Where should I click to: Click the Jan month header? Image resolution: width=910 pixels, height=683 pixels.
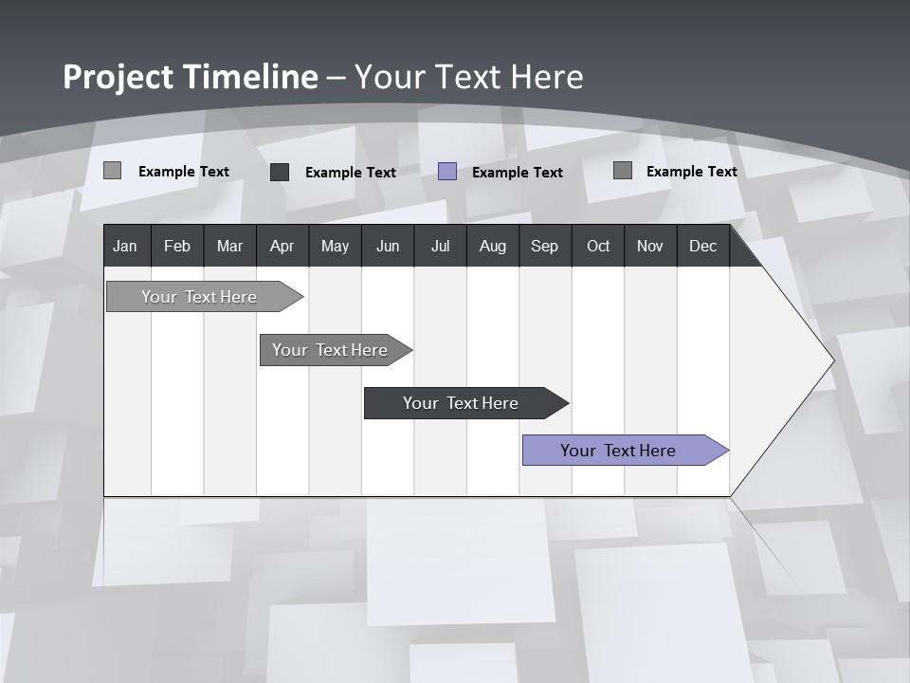coord(125,246)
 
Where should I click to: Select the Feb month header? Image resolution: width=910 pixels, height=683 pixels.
coord(177,246)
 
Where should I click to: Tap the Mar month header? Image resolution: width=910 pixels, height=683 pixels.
coord(229,246)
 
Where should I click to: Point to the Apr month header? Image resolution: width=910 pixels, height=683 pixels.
coord(282,246)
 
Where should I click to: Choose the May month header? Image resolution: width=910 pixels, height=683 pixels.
coord(335,246)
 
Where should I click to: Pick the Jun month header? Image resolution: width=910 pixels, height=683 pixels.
coord(388,246)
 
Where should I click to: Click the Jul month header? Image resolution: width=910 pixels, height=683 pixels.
coord(440,246)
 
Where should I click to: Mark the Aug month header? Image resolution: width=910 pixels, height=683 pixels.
coord(493,246)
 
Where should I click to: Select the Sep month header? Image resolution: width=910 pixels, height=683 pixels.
coord(544,246)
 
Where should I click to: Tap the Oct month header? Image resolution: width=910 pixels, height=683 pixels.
coord(598,246)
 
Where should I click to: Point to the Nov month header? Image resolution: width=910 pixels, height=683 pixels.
coord(650,246)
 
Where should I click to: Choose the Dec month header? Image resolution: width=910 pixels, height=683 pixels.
coord(703,246)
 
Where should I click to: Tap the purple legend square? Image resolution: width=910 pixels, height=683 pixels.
coord(447,172)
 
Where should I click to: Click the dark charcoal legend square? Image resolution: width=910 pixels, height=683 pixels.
coord(280,172)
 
